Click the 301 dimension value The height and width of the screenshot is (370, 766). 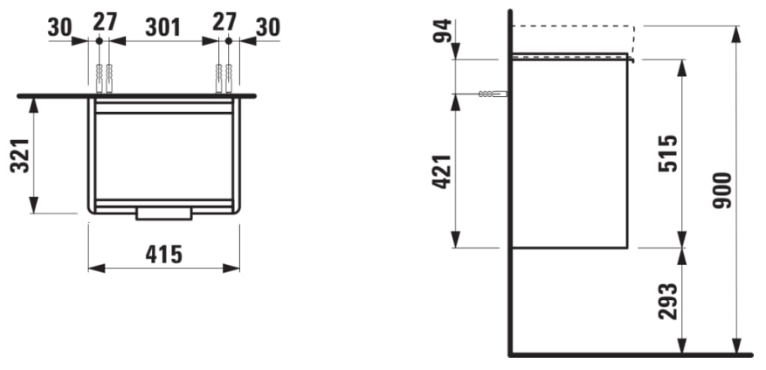click(x=163, y=27)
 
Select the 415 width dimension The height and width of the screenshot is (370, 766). click(x=163, y=255)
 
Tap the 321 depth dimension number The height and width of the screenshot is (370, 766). click(x=20, y=155)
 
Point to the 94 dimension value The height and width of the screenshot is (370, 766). click(x=442, y=31)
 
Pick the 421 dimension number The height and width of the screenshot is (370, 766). click(x=442, y=171)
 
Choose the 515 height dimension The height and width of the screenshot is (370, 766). click(x=668, y=153)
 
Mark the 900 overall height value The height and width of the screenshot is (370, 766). click(x=722, y=191)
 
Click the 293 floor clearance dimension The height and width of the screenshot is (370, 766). click(x=668, y=302)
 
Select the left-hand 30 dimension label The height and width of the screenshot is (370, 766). click(x=59, y=27)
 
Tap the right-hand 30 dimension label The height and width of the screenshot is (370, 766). click(x=268, y=27)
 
